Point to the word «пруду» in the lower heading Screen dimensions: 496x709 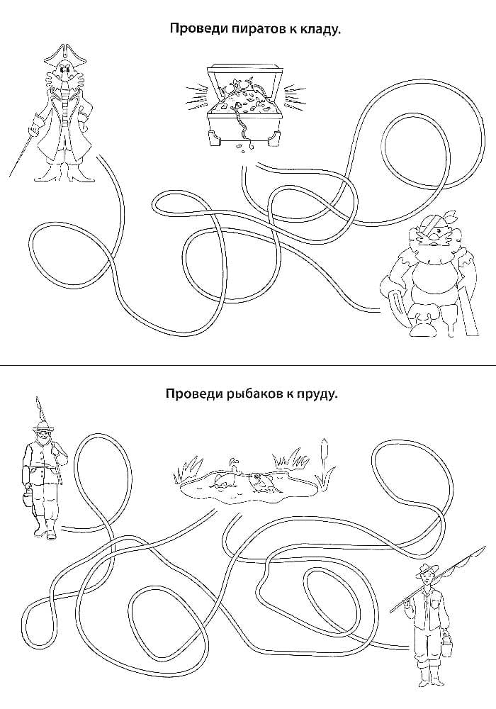point(317,395)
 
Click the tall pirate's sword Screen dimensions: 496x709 point(23,145)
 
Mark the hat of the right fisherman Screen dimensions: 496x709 point(426,569)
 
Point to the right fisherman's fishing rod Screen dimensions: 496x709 point(437,578)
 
